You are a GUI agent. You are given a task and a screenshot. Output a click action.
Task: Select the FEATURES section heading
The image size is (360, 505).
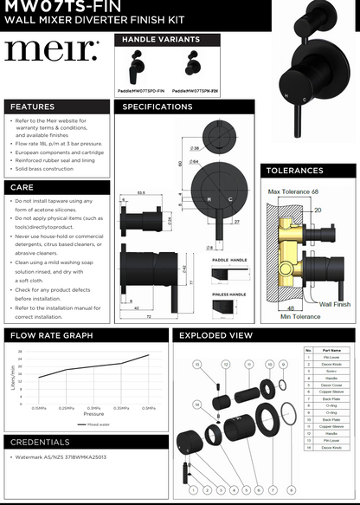click(x=32, y=107)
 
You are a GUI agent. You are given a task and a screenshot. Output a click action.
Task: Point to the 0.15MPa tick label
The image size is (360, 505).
click(x=40, y=407)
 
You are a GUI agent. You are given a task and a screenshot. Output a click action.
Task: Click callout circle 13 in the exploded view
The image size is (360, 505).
click(x=197, y=365)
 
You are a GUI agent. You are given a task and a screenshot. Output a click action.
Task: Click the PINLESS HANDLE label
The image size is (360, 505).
click(x=229, y=294)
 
